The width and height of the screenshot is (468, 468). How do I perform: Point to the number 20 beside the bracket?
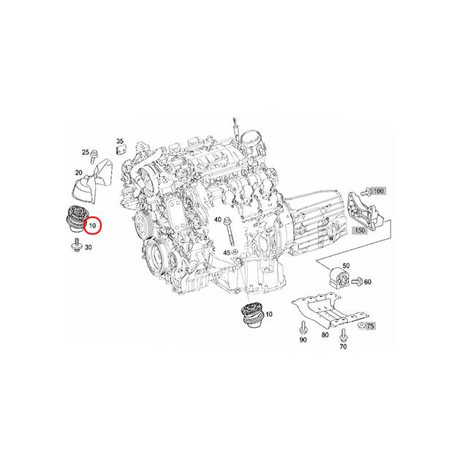(78, 173)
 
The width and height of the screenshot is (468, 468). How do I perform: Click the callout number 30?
(88, 248)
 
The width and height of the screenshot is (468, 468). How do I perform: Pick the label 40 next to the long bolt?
(218, 220)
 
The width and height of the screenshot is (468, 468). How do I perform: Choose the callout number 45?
(227, 252)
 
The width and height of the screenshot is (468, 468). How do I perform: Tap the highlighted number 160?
(379, 191)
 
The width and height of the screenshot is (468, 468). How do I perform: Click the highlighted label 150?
(360, 230)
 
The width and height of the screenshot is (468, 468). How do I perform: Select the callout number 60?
(367, 282)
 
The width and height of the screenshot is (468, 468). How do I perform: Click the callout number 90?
(303, 340)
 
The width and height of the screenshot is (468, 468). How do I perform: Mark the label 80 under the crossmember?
(325, 336)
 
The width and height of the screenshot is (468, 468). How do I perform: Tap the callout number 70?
(343, 349)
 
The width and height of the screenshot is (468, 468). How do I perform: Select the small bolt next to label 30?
(76, 249)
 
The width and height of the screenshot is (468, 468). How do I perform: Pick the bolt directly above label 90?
(303, 324)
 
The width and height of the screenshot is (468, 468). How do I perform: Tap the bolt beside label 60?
(358, 279)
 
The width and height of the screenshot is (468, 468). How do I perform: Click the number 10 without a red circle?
(269, 314)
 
